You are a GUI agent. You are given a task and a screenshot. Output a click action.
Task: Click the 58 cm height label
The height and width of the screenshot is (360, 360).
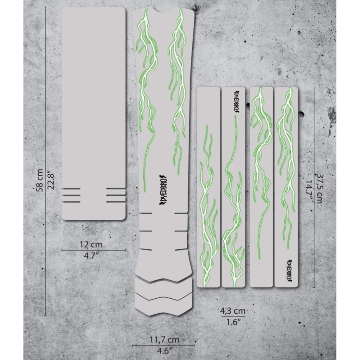click(x=39, y=180)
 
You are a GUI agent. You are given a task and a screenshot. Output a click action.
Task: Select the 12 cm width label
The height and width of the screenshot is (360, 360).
click(x=91, y=244)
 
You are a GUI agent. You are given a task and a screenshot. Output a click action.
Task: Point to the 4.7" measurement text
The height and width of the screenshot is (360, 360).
click(x=91, y=255)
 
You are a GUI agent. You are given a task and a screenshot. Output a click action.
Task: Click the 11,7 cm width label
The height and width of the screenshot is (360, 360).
click(x=164, y=340)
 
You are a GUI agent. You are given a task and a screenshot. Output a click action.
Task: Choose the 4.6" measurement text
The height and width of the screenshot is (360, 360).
click(x=164, y=350)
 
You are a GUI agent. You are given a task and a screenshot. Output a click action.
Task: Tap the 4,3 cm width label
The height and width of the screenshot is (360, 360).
click(x=233, y=311)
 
